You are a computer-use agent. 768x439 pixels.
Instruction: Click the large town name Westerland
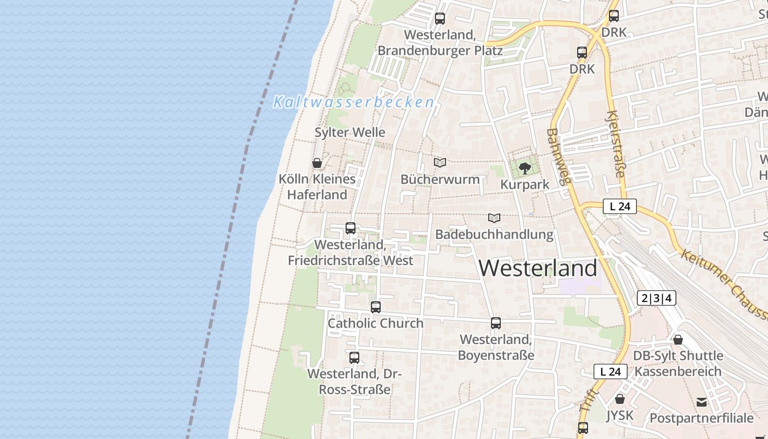pyautogui.click(x=538, y=268)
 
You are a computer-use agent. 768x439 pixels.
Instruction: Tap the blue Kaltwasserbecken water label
pyautogui.click(x=353, y=102)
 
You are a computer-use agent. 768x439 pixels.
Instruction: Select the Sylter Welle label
pyautogui.click(x=350, y=132)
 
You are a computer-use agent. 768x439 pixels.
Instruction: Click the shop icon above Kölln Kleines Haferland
pyautogui.click(x=317, y=163)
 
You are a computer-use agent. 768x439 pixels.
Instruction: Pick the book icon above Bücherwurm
pyautogui.click(x=440, y=162)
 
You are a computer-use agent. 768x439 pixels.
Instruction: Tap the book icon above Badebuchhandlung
pyautogui.click(x=494, y=218)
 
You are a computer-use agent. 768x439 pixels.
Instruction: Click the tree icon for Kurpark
pyautogui.click(x=525, y=168)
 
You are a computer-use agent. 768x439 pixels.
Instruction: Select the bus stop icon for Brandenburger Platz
pyautogui.click(x=440, y=19)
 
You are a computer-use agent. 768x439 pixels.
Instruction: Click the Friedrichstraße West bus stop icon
pyautogui.click(x=351, y=228)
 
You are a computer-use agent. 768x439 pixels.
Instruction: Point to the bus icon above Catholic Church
pyautogui.click(x=376, y=307)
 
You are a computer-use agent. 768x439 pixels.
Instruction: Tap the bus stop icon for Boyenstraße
pyautogui.click(x=496, y=323)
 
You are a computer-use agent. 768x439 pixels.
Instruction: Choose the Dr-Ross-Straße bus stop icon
pyautogui.click(x=354, y=358)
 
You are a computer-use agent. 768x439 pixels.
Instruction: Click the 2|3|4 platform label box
pyautogui.click(x=656, y=299)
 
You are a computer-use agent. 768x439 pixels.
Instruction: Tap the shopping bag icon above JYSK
pyautogui.click(x=620, y=399)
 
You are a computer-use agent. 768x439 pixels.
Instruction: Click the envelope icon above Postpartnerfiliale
pyautogui.click(x=702, y=402)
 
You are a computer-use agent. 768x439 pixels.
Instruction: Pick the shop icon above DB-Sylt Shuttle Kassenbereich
pyautogui.click(x=678, y=340)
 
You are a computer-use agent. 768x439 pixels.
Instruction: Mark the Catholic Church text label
pyautogui.click(x=376, y=323)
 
